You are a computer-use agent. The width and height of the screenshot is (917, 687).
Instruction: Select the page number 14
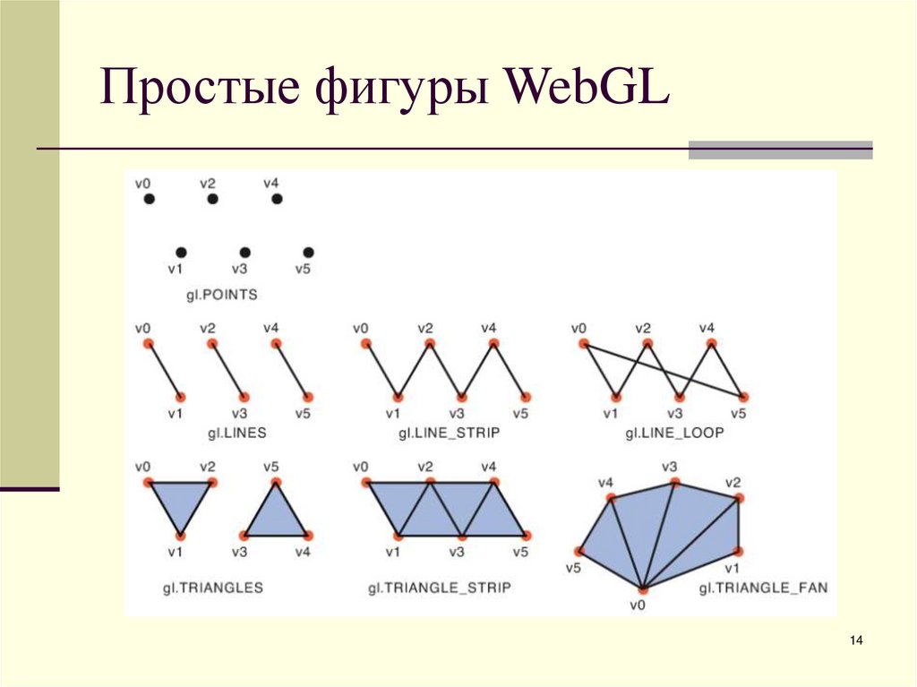(856, 640)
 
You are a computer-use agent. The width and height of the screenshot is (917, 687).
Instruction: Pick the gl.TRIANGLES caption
(212, 588)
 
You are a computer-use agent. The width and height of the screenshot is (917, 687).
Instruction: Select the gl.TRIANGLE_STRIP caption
(439, 588)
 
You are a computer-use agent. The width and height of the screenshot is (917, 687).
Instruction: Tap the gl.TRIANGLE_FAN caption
(764, 588)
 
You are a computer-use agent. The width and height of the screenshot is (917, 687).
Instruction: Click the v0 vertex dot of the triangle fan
(643, 588)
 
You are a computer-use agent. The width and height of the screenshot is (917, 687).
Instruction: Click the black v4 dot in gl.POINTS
(276, 199)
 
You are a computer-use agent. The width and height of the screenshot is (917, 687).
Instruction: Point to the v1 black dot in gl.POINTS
(181, 253)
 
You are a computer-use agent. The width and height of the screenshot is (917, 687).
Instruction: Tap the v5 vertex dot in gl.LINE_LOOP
(743, 396)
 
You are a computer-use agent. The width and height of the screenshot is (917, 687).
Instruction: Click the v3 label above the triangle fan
(670, 466)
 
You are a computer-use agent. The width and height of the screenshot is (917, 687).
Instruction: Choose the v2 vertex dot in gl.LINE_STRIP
(430, 344)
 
